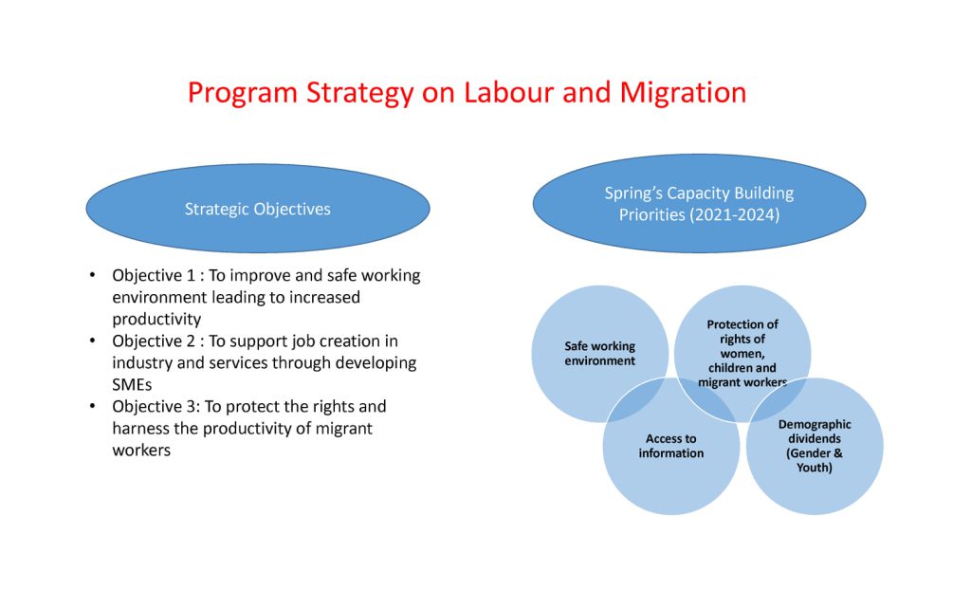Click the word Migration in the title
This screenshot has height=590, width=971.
(683, 93)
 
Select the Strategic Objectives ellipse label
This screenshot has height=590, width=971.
(258, 209)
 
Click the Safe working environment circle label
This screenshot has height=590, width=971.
(599, 353)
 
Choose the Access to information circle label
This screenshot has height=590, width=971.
(670, 446)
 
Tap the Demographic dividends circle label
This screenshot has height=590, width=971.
(815, 446)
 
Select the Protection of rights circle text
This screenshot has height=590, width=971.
(742, 353)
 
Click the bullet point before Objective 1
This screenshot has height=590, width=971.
(92, 274)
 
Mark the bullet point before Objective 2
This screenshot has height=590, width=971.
(92, 340)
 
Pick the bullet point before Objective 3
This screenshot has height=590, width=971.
(92, 405)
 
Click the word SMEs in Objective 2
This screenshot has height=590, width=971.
(132, 384)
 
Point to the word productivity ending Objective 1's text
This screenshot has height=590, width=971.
(156, 320)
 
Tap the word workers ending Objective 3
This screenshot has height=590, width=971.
(141, 450)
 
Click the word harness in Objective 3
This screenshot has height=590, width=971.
(140, 428)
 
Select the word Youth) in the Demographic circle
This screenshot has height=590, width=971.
(814, 468)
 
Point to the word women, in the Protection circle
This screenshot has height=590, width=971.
(742, 353)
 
